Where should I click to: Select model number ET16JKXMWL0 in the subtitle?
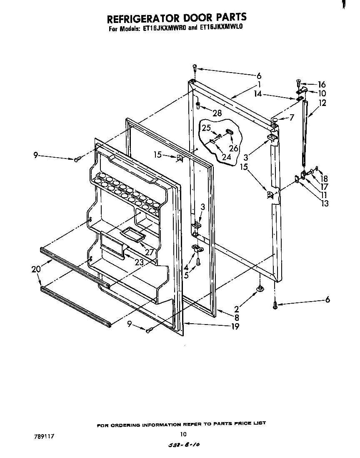click(x=225, y=29)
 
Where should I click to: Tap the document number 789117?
click(x=44, y=436)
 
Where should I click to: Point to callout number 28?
click(x=217, y=113)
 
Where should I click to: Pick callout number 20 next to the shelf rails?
click(x=36, y=269)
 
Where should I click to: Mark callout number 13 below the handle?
click(x=325, y=204)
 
